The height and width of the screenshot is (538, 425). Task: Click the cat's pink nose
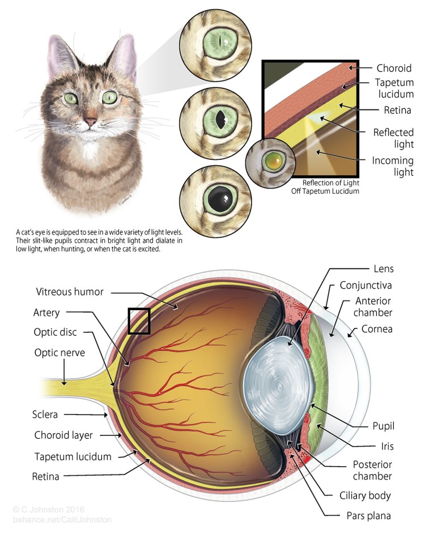pyautogui.click(x=90, y=122)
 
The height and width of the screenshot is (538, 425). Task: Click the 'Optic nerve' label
pyautogui.click(x=59, y=353)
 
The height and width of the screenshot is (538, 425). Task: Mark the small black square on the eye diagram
pyautogui.click(x=139, y=321)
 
